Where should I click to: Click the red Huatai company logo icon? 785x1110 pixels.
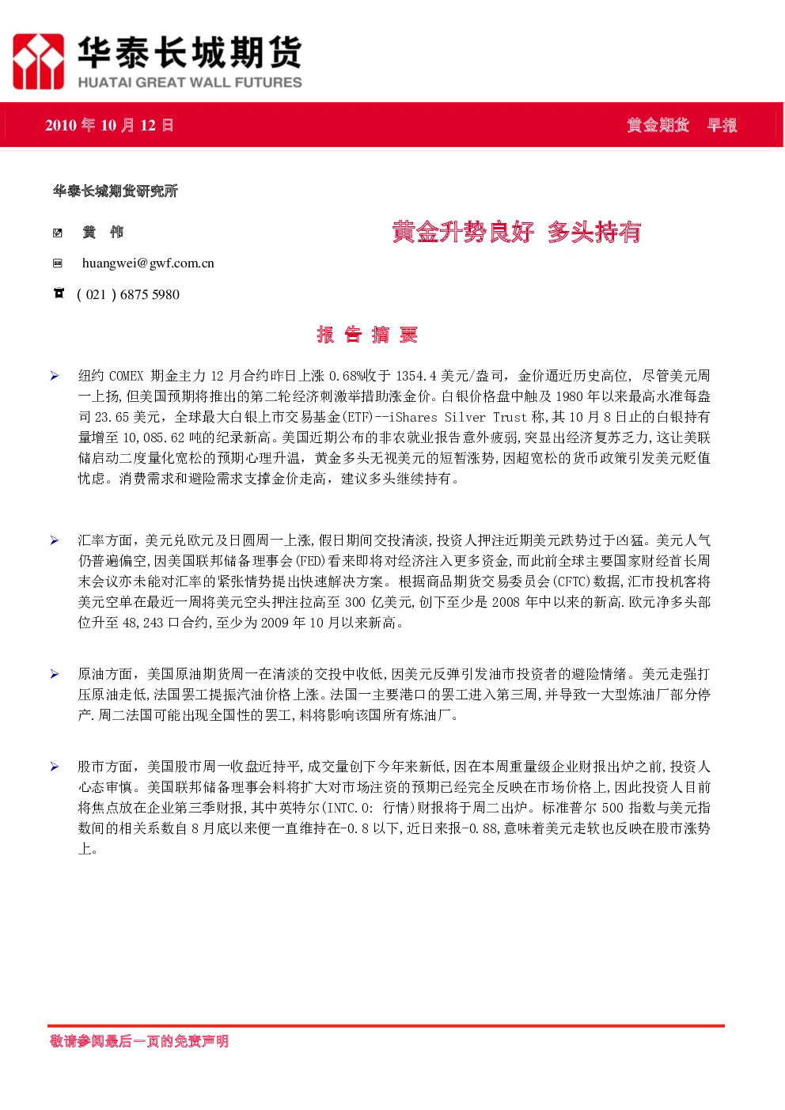38,62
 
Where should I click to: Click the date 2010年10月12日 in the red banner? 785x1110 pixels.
109,125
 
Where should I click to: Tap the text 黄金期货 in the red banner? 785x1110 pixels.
658,125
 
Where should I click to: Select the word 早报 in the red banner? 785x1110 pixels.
722,125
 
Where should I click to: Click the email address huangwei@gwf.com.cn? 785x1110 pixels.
148,263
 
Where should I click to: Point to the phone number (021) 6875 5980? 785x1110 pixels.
128,294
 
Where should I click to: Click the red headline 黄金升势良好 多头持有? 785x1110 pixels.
517,232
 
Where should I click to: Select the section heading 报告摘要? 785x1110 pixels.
367,335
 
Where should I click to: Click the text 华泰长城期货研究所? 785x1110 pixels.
116,191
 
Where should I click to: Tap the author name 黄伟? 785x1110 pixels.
103,232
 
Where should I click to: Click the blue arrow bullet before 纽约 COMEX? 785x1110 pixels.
55,376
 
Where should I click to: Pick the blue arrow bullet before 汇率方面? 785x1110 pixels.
55,540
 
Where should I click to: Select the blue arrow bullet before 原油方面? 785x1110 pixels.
55,674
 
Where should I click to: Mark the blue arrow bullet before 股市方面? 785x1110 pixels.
55,767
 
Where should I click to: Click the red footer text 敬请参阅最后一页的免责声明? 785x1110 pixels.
139,1041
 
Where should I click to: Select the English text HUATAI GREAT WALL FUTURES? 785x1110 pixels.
190,82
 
